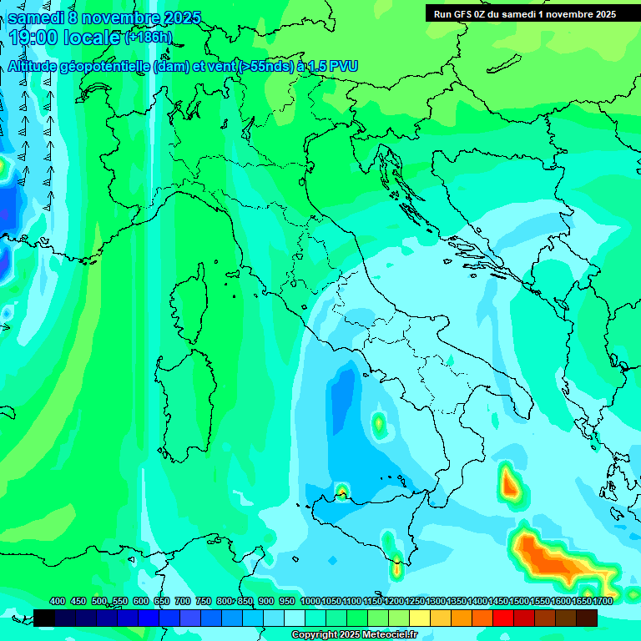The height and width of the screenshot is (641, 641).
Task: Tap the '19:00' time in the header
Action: pyautogui.click(x=31, y=38)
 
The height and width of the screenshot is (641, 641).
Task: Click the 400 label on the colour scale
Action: pyautogui.click(x=58, y=601)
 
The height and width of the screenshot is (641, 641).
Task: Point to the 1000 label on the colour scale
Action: pyautogui.click(x=310, y=601)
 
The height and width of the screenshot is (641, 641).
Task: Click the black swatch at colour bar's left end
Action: pyautogui.click(x=44, y=618)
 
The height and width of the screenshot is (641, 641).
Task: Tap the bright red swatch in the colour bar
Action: pyautogui.click(x=502, y=618)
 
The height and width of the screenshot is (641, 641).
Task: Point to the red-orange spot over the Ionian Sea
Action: pyautogui.click(x=509, y=483)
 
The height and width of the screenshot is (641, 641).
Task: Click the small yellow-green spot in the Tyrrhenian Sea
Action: pyautogui.click(x=379, y=424)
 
